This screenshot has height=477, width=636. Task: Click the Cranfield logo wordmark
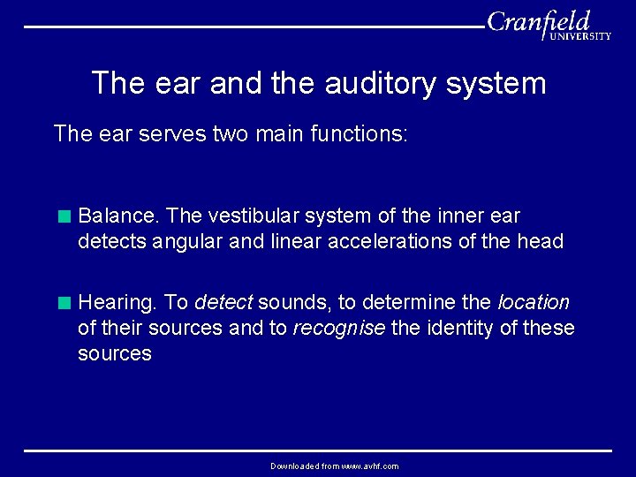coord(539,21)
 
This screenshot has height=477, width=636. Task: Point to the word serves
coord(174,134)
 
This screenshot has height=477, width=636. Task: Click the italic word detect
coord(223,303)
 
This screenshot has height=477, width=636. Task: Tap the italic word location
coord(534,303)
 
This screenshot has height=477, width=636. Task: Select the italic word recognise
coord(338,329)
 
